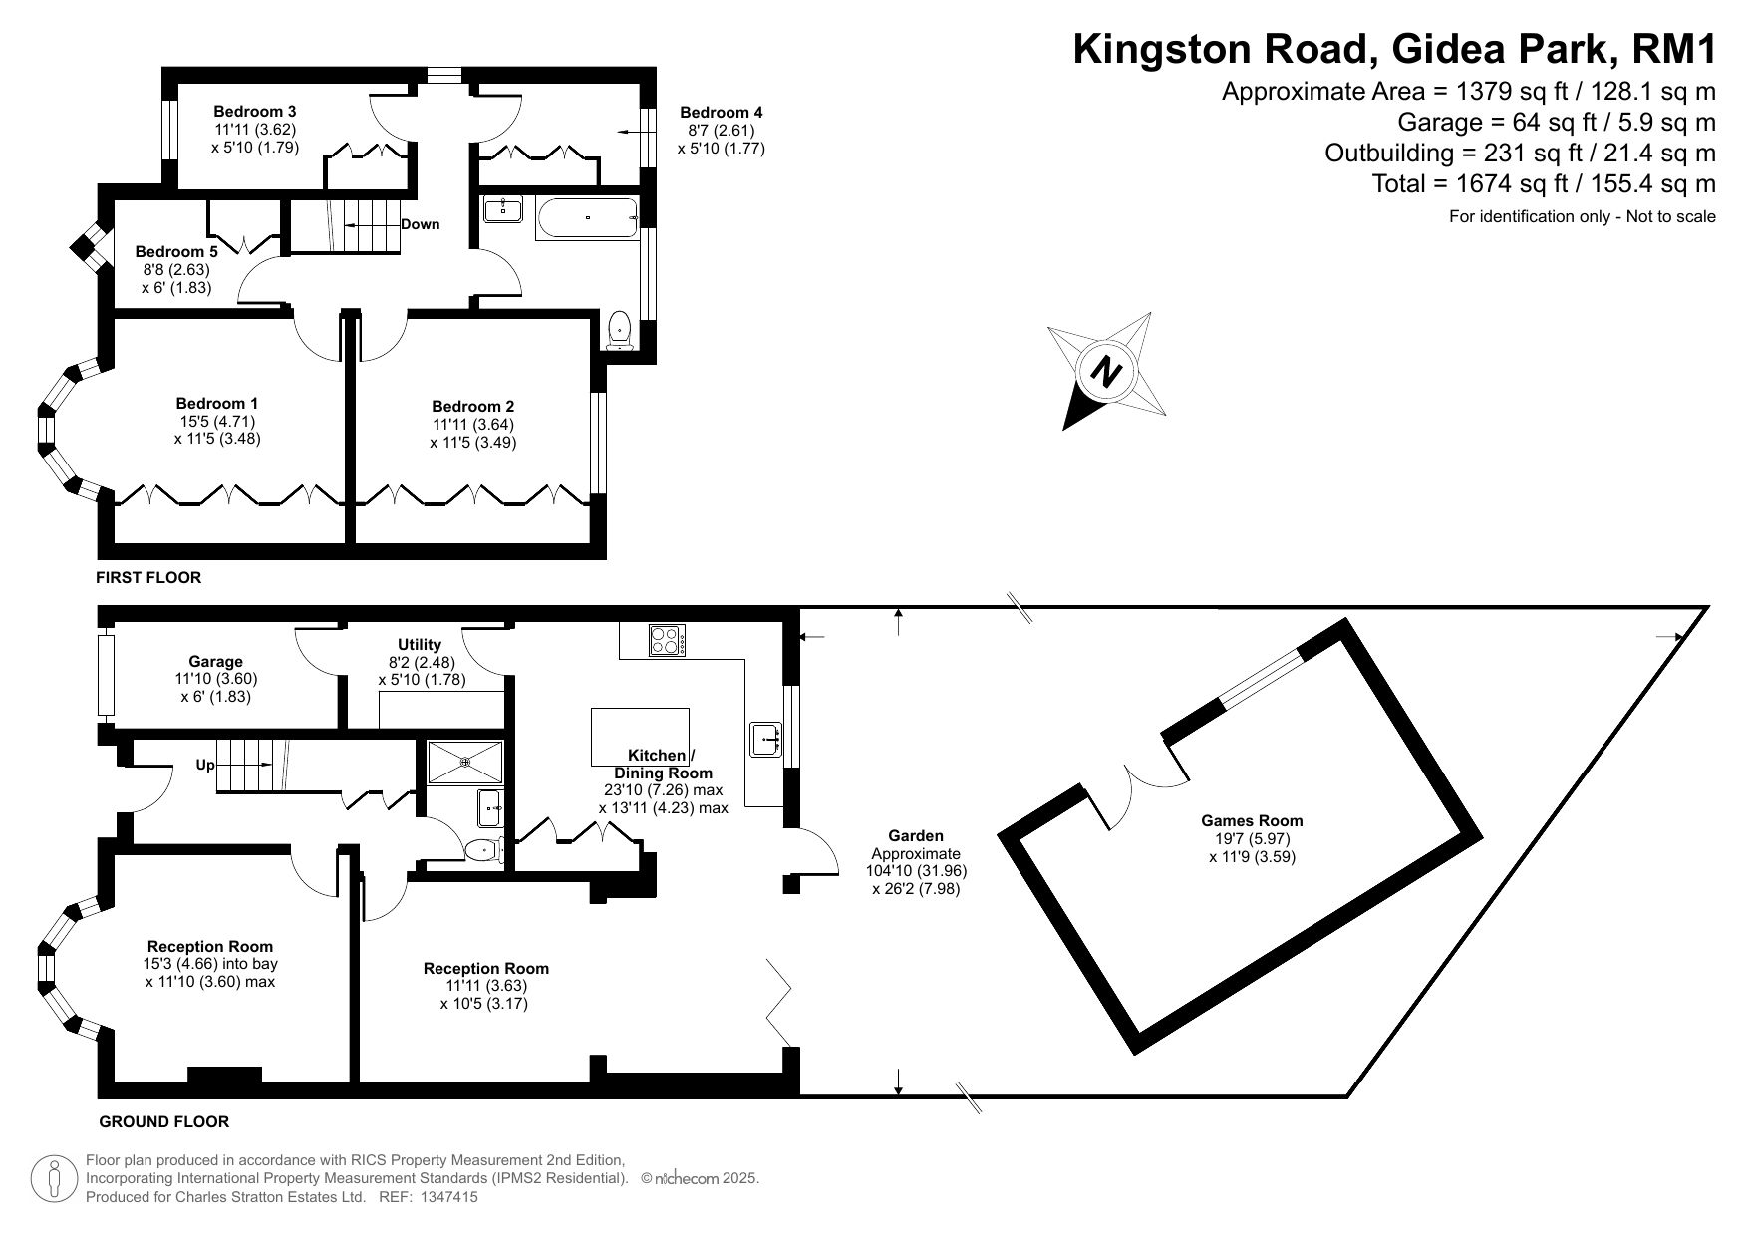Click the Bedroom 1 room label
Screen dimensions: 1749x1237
[x=217, y=404]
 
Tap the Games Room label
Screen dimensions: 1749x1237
[x=1252, y=821]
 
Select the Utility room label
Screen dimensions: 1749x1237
[x=419, y=645]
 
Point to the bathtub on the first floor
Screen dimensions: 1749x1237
[x=587, y=217]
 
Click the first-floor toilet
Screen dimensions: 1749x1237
[x=620, y=330]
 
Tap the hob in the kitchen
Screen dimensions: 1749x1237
[x=667, y=639]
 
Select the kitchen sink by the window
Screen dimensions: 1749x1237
[x=765, y=739]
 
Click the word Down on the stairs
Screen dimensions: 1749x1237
[x=420, y=224]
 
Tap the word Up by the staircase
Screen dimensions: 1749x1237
[x=205, y=766]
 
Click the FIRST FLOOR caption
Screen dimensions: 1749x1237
[x=148, y=577]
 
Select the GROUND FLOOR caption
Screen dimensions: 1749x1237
[x=164, y=1121]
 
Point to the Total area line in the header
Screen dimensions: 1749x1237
[x=1544, y=183]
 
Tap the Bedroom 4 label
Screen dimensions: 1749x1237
[x=721, y=112]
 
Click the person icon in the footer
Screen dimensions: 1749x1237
[x=55, y=1178]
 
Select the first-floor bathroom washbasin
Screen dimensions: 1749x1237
[x=503, y=209]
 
